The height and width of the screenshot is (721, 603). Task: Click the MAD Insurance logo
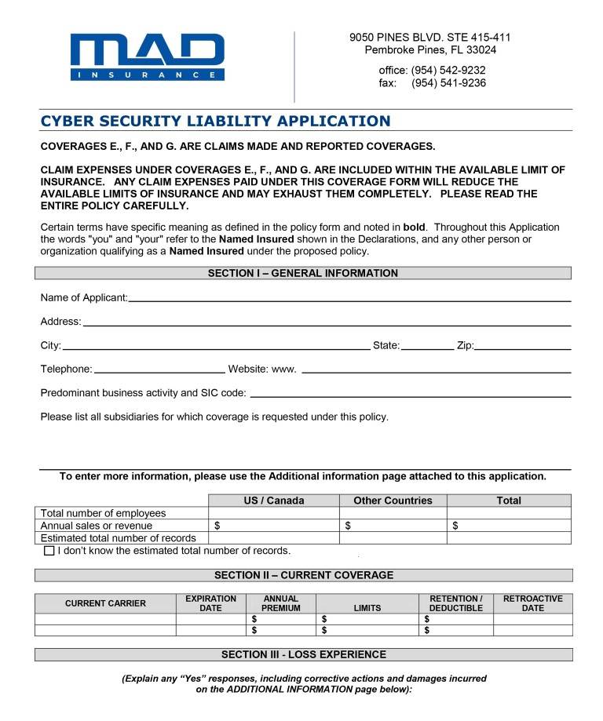pos(147,56)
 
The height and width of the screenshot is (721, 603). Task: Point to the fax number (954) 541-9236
pos(448,83)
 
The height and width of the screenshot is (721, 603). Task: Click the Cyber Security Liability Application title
pos(215,121)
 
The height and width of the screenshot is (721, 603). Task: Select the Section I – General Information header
pos(302,274)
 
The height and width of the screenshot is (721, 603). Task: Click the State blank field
pos(427,348)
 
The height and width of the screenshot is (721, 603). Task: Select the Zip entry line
pos(522,348)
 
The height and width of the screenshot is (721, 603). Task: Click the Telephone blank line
pos(159,371)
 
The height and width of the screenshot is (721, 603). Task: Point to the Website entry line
pos(436,371)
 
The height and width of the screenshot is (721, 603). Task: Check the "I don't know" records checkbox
pos(49,551)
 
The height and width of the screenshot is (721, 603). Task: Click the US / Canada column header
pos(274,501)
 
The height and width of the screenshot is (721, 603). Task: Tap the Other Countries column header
pos(393,501)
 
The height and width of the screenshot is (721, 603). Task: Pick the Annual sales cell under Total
pos(509,526)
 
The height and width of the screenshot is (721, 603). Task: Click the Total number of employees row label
pos(103,513)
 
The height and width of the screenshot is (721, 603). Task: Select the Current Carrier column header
pos(105,603)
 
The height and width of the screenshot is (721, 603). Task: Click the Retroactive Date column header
pos(532,603)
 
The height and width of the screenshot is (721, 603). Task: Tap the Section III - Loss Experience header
pos(303,654)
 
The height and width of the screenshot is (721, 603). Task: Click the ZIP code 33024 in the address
pos(481,50)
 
